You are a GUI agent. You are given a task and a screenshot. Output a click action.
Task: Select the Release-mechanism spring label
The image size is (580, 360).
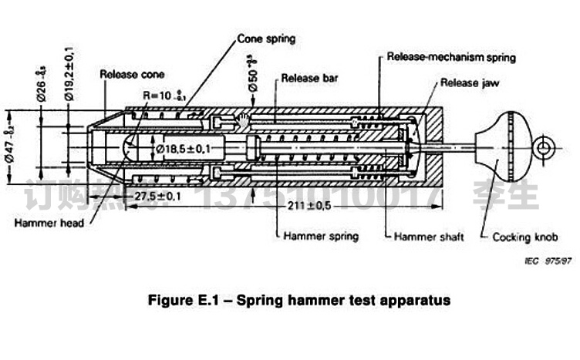[451, 57]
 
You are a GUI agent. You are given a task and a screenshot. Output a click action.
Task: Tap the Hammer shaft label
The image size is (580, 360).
[429, 237]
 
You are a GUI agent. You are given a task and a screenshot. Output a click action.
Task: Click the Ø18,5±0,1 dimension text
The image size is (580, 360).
[189, 146]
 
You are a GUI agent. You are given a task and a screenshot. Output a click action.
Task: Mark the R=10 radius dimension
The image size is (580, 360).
[163, 96]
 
